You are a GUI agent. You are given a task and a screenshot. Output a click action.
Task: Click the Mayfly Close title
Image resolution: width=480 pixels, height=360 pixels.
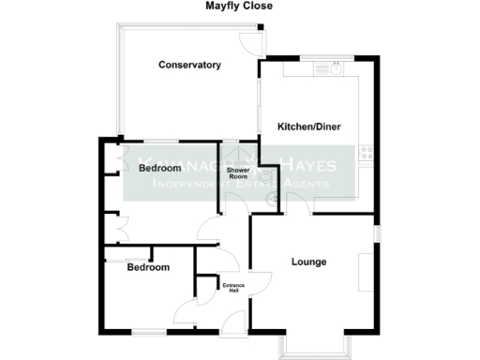point(239,6)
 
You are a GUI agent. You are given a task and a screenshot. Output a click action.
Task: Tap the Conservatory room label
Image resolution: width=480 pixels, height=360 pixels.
point(189,65)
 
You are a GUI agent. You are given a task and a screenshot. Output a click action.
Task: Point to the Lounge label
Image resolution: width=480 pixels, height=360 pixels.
point(308,262)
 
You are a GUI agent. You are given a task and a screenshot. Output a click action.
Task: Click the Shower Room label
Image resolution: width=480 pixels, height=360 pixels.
point(238,172)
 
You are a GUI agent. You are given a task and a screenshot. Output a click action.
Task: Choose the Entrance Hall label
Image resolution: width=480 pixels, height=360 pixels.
point(232,286)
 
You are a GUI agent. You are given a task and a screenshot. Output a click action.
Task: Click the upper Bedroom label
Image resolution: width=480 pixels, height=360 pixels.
point(159,168)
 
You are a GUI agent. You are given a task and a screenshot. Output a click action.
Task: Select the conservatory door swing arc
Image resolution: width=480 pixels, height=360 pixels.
point(247,45)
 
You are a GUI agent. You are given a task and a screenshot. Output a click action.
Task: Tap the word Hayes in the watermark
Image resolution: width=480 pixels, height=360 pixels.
point(301,163)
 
